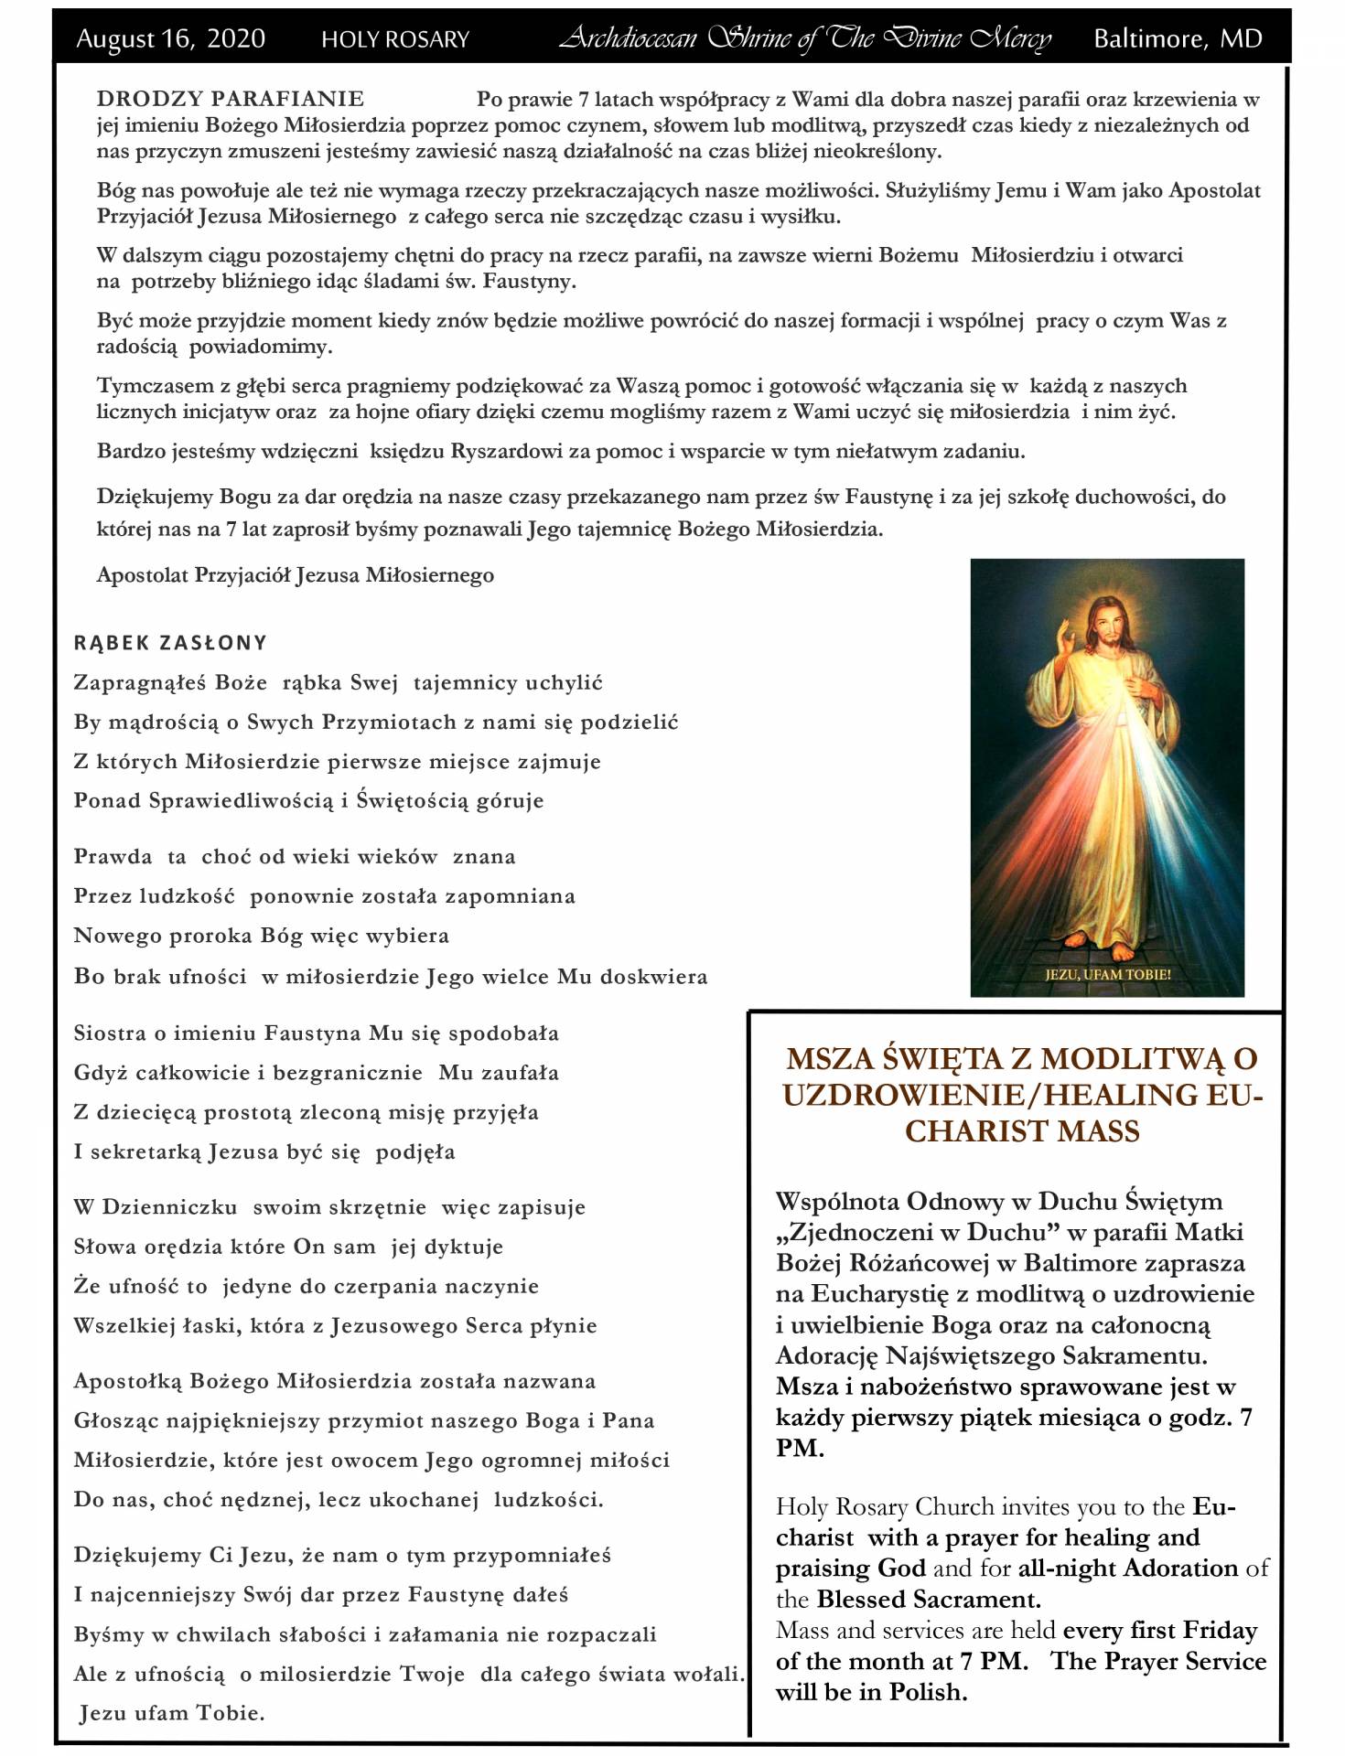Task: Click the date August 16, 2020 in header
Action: [170, 38]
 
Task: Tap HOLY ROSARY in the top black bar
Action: [395, 39]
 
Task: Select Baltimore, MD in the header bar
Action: [1178, 38]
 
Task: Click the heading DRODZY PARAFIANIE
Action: [231, 99]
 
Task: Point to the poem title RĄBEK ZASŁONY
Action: [170, 643]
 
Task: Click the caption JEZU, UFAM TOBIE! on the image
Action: [1108, 974]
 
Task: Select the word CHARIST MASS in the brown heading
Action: [1022, 1131]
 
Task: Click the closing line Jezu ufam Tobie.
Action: [172, 1713]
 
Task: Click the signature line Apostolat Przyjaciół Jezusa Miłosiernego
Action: [296, 575]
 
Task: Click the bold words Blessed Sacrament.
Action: [929, 1599]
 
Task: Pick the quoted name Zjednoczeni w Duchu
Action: [917, 1232]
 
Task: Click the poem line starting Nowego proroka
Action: [262, 936]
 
